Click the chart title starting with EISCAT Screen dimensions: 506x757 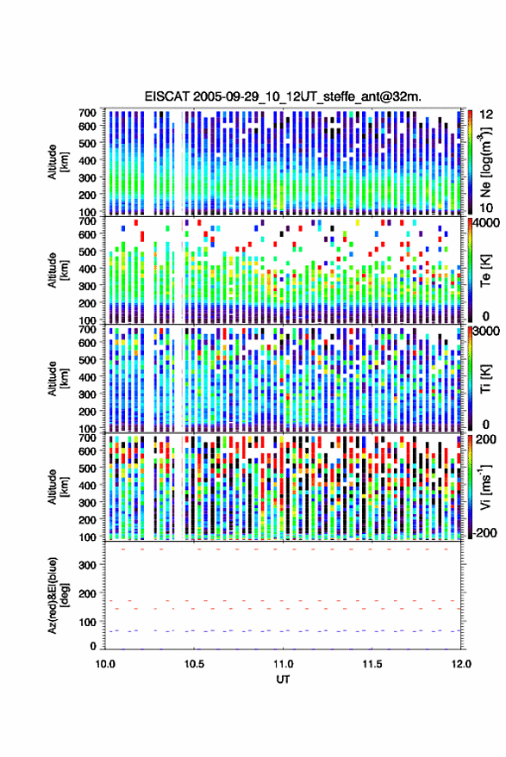pyautogui.click(x=283, y=96)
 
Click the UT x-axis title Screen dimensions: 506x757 pyautogui.click(x=283, y=679)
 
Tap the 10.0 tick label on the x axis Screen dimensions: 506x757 pyautogui.click(x=105, y=664)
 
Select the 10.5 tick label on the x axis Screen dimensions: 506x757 pyautogui.click(x=194, y=664)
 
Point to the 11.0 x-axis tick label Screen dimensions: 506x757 pyautogui.click(x=284, y=664)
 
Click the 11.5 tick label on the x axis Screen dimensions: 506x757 pyautogui.click(x=372, y=664)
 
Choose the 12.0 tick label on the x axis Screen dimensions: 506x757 pyautogui.click(x=461, y=664)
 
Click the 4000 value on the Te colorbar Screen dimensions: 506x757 pyautogui.click(x=487, y=224)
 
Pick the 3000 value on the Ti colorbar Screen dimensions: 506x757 pyautogui.click(x=487, y=332)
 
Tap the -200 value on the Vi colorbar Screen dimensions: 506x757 pyautogui.click(x=485, y=533)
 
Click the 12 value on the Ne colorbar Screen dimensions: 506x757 pyautogui.click(x=487, y=115)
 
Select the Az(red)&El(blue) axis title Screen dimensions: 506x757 pyautogui.click(x=58, y=595)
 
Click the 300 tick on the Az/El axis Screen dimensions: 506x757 pyautogui.click(x=87, y=565)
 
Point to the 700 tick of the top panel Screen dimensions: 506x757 pyautogui.click(x=87, y=113)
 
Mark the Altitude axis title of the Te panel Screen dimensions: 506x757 pyautogui.click(x=58, y=270)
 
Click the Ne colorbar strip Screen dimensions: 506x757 pyautogui.click(x=471, y=162)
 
